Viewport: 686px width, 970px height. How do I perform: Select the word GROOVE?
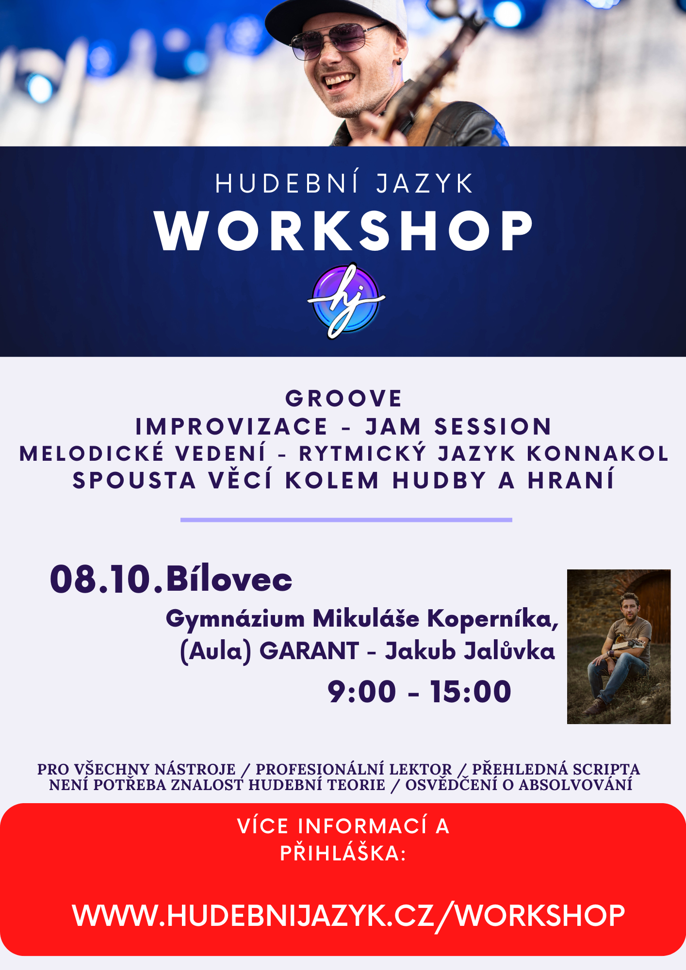343,399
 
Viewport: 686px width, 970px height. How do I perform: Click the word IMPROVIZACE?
231,427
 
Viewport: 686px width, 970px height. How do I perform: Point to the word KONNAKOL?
598,454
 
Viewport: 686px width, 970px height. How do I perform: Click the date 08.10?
107,579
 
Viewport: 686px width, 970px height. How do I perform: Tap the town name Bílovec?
229,579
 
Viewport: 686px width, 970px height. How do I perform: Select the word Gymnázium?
235,620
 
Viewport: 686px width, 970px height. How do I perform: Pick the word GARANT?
309,651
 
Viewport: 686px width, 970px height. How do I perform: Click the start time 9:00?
362,692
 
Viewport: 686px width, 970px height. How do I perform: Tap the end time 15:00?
471,692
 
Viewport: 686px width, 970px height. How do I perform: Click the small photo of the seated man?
619,647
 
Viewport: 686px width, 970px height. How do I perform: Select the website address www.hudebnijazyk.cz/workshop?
348,916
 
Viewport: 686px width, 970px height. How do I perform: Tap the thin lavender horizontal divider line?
346,520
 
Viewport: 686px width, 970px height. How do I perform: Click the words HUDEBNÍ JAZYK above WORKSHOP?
344,183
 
